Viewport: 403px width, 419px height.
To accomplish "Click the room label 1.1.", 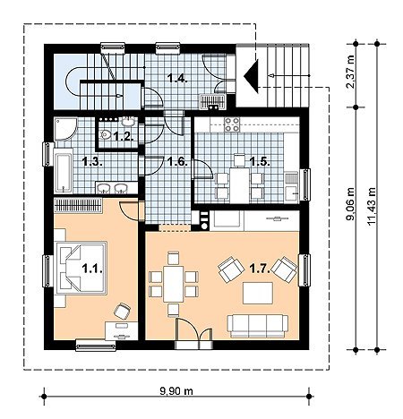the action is point(92,269).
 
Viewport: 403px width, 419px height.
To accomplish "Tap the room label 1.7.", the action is point(260,269).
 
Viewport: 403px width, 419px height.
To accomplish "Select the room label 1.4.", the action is point(177,79).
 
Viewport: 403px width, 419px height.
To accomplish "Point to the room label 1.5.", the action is point(260,162).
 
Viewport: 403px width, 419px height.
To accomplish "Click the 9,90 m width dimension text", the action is point(176,391).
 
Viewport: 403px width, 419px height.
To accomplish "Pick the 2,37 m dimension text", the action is point(350,72).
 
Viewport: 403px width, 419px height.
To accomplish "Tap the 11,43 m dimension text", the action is point(372,206).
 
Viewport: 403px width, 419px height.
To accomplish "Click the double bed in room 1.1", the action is point(81,268).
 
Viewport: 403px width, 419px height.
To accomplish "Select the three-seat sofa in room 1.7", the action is point(258,326).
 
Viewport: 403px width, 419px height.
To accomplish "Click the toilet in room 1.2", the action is point(105,135).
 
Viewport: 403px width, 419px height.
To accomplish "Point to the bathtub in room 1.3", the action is point(63,170).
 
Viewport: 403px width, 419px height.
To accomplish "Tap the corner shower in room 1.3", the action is point(65,128).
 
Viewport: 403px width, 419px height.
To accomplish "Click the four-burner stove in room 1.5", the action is point(232,124).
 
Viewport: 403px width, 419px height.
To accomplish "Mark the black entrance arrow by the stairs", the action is point(252,76).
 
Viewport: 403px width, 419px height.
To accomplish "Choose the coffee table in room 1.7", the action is point(258,293).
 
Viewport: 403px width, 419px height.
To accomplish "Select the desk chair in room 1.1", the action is point(123,311).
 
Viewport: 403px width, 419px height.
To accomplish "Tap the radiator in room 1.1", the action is point(78,205).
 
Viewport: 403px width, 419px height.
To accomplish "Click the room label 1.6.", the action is point(177,162).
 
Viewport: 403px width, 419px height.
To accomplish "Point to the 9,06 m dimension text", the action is point(350,204).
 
